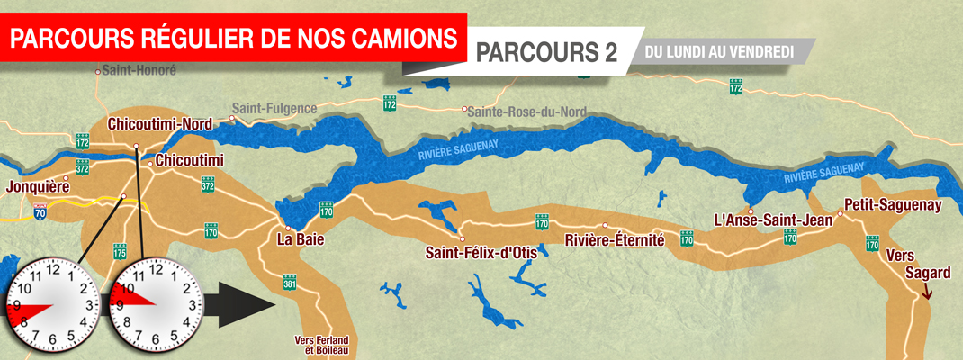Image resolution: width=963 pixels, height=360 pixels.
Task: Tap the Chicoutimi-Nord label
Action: [x=158, y=123]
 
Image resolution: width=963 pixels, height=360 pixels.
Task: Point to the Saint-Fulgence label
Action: [x=274, y=109]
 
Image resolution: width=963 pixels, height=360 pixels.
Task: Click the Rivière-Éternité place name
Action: [x=614, y=240]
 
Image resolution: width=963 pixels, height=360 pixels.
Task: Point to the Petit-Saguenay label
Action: [x=893, y=205]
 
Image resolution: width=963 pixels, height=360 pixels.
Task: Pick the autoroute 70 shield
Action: [x=39, y=212]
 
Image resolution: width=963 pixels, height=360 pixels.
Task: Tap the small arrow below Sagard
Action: [x=928, y=290]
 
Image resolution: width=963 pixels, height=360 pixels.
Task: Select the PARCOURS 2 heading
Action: [x=546, y=53]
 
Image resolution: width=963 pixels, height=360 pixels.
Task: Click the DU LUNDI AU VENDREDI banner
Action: [x=724, y=53]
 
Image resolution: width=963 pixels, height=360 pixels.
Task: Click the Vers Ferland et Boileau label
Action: [x=321, y=345]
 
